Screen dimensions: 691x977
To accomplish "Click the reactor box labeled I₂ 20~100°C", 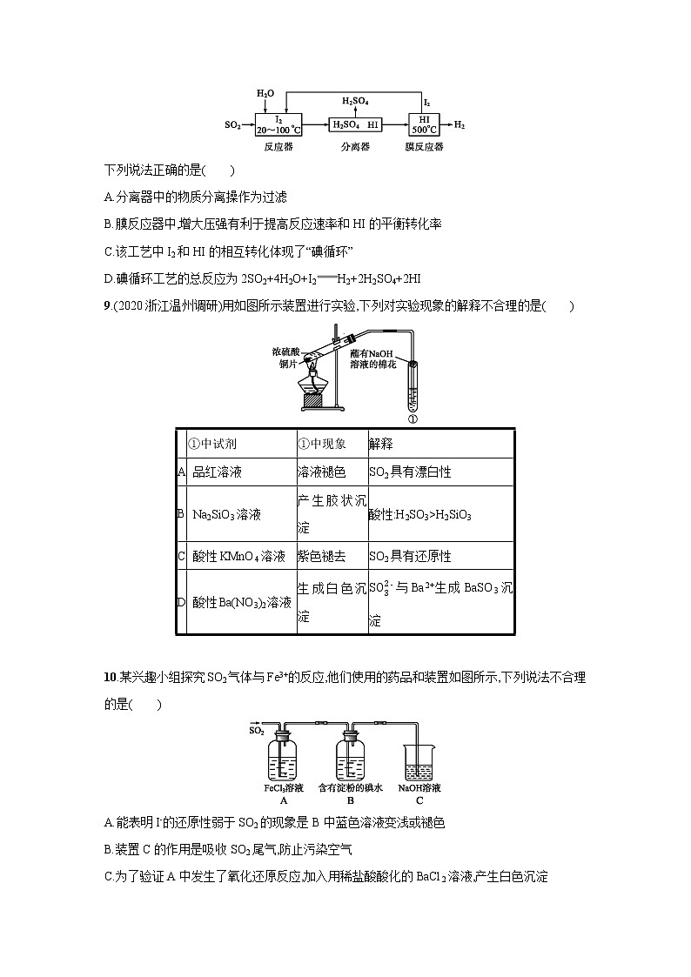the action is (278, 125).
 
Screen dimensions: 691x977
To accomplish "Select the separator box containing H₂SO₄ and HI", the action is (357, 125).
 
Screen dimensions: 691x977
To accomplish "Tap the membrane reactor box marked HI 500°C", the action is (425, 125).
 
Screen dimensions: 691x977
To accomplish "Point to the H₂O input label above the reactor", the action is (265, 93).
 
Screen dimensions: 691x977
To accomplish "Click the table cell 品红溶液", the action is (217, 472).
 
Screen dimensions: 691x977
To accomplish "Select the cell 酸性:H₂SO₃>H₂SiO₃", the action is (420, 515).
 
